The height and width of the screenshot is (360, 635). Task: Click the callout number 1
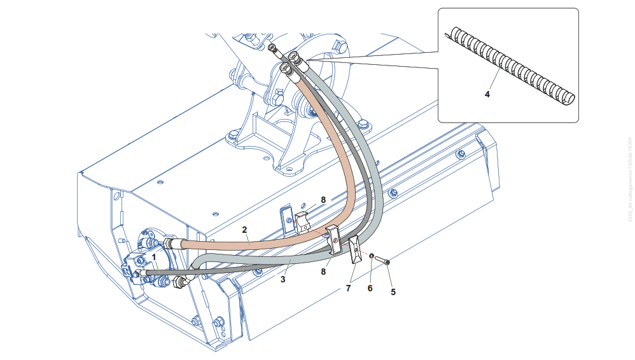click(x=153, y=257)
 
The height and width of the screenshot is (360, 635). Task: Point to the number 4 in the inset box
click(x=487, y=94)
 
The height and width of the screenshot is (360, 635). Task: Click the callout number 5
click(x=393, y=292)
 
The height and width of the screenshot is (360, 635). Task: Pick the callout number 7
click(x=348, y=288)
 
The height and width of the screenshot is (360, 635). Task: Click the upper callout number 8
click(x=323, y=200)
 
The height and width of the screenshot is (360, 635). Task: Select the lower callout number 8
click(x=323, y=272)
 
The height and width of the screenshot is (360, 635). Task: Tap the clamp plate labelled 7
click(x=354, y=249)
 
